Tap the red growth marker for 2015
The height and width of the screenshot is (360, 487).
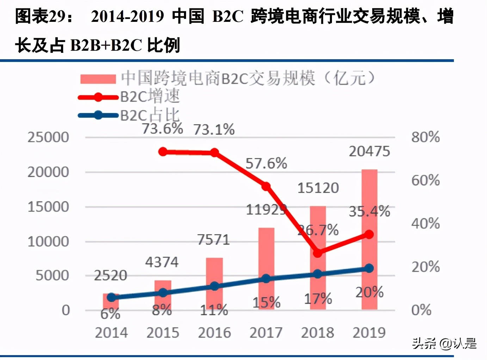point(163,152)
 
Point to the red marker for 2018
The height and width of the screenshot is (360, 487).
point(318,253)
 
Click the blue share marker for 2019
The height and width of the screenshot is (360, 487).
point(369,268)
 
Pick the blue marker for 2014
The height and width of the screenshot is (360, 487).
point(111,298)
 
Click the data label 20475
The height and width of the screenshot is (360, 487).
point(369,151)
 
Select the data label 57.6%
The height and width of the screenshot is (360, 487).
point(266,163)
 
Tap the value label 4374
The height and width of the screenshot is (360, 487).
point(162,262)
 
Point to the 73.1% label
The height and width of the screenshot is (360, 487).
point(214,130)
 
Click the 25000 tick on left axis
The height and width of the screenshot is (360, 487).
point(48,137)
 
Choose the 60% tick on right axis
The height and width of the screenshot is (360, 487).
point(425,180)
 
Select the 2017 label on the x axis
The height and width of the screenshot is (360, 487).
point(266,333)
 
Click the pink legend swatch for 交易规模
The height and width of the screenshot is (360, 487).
point(98,79)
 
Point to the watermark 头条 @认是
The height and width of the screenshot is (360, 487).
point(444,343)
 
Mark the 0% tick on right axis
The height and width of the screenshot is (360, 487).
point(421,310)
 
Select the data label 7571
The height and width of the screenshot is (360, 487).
point(213,240)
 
